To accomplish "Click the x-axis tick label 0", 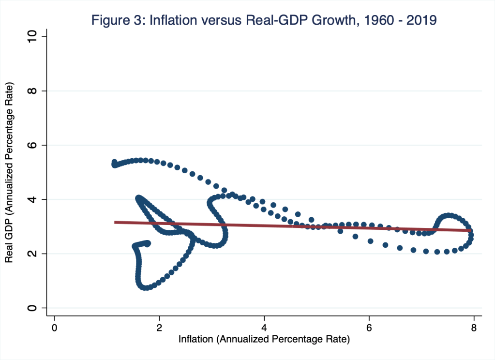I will (x=55, y=327).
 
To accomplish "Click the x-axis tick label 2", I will (x=159, y=327).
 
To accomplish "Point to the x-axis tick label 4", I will (x=264, y=327).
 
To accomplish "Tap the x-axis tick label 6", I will (x=369, y=327).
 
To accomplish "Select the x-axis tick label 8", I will (x=474, y=327).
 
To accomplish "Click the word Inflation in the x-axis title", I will (x=196, y=340).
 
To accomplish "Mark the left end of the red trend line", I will (x=115, y=222).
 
